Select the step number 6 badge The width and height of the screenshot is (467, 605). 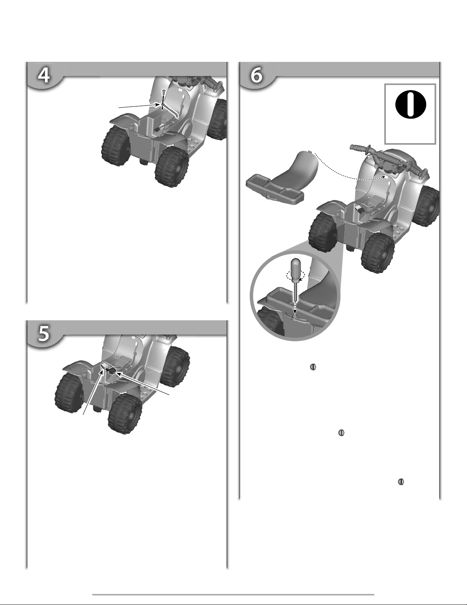click(256, 75)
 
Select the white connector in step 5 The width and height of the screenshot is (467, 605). click(105, 366)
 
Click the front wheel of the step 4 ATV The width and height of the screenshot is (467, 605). click(218, 119)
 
